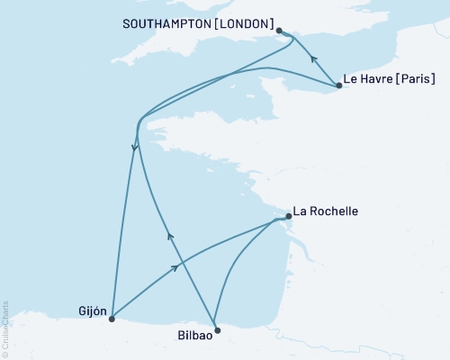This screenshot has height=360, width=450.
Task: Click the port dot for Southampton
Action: coord(279,31)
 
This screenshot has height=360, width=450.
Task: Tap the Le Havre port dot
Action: coord(338,85)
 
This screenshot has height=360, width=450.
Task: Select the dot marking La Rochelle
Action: coord(288,216)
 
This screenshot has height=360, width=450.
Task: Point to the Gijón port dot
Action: coord(112,318)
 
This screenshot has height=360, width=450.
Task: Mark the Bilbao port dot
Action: coord(217,329)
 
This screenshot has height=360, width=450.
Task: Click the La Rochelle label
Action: coord(327,211)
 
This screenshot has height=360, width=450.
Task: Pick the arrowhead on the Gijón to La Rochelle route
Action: coord(176,267)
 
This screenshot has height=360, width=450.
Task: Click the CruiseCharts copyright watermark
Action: coord(6,328)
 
